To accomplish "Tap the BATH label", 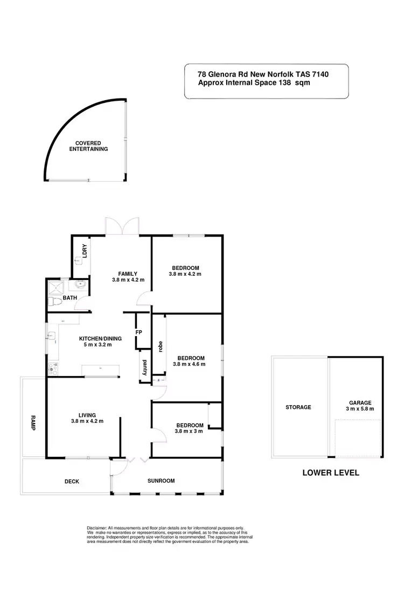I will click(70, 297).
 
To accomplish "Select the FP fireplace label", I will click(138, 332).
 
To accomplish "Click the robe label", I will click(160, 346).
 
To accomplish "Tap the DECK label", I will click(72, 482).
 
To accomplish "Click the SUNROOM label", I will click(161, 480).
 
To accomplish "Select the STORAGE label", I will click(298, 407).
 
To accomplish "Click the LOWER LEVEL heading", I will click(331, 473).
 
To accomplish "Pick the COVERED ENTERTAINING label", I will click(88, 146).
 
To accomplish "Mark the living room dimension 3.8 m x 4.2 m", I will click(87, 421).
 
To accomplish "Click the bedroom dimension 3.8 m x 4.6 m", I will click(189, 364).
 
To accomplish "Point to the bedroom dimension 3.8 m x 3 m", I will click(189, 431).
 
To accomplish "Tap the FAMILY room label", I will click(129, 273).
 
